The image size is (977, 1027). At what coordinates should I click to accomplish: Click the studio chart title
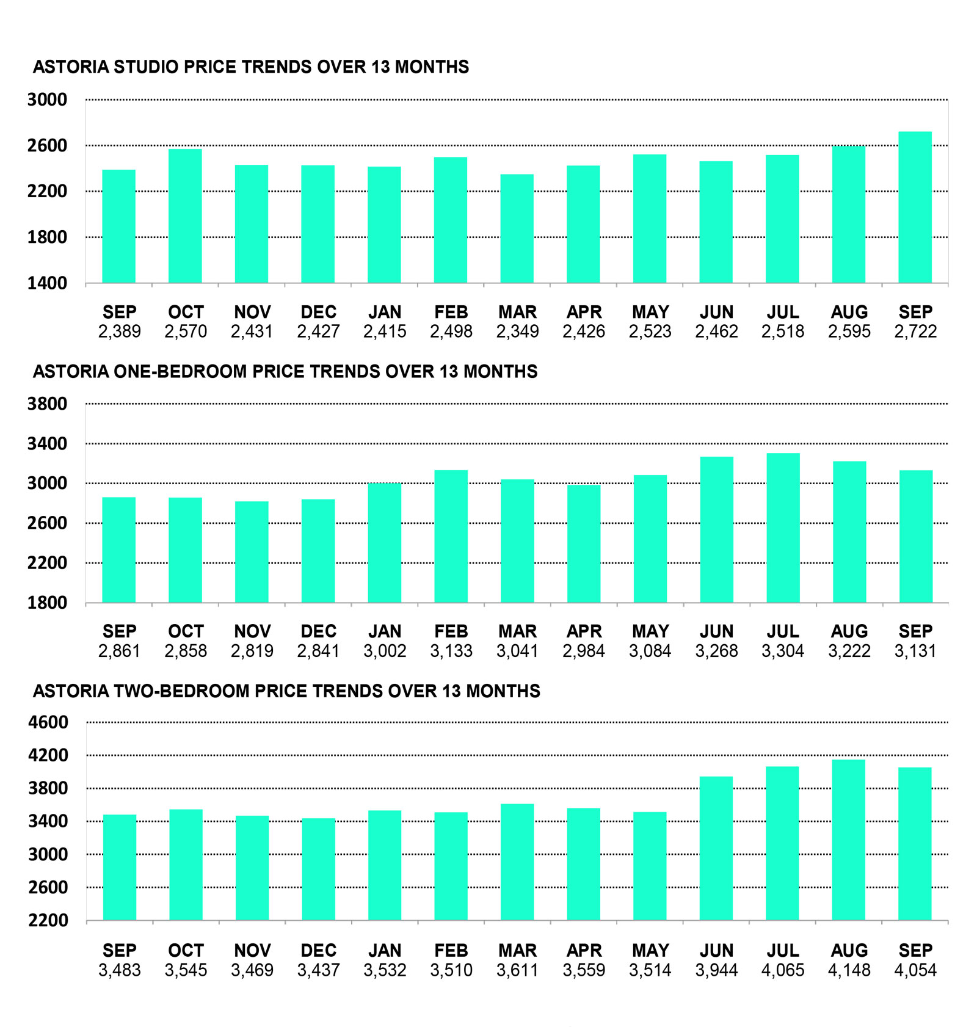pyautogui.click(x=250, y=67)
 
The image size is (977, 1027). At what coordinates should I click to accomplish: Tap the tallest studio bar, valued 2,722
pyautogui.click(x=915, y=207)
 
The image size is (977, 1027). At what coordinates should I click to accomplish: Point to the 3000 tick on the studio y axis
pyautogui.click(x=47, y=100)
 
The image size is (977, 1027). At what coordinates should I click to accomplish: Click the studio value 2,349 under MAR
pyautogui.click(x=517, y=332)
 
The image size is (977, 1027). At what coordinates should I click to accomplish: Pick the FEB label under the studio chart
pyautogui.click(x=451, y=312)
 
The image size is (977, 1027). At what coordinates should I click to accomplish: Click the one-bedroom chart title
pyautogui.click(x=285, y=371)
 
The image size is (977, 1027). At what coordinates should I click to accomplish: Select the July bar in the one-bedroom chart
pyautogui.click(x=783, y=528)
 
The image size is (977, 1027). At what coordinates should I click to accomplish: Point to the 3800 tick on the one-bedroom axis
pyautogui.click(x=47, y=404)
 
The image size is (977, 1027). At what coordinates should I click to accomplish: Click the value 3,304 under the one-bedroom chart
pyautogui.click(x=783, y=651)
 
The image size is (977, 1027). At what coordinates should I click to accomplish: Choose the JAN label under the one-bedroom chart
pyautogui.click(x=385, y=631)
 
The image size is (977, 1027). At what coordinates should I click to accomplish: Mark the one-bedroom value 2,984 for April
pyautogui.click(x=584, y=651)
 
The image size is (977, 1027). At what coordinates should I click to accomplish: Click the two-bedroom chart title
pyautogui.click(x=286, y=691)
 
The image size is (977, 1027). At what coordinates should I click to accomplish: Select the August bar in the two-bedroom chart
pyautogui.click(x=849, y=840)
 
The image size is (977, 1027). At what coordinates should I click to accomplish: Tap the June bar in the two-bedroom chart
pyautogui.click(x=716, y=848)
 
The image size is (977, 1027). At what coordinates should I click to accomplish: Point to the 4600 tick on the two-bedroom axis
pyautogui.click(x=48, y=722)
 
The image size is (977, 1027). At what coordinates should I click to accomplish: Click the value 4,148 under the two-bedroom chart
pyautogui.click(x=849, y=970)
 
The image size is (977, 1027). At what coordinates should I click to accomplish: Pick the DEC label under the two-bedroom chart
pyautogui.click(x=318, y=951)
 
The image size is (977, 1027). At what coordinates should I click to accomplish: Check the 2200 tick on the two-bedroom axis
pyautogui.click(x=48, y=920)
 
